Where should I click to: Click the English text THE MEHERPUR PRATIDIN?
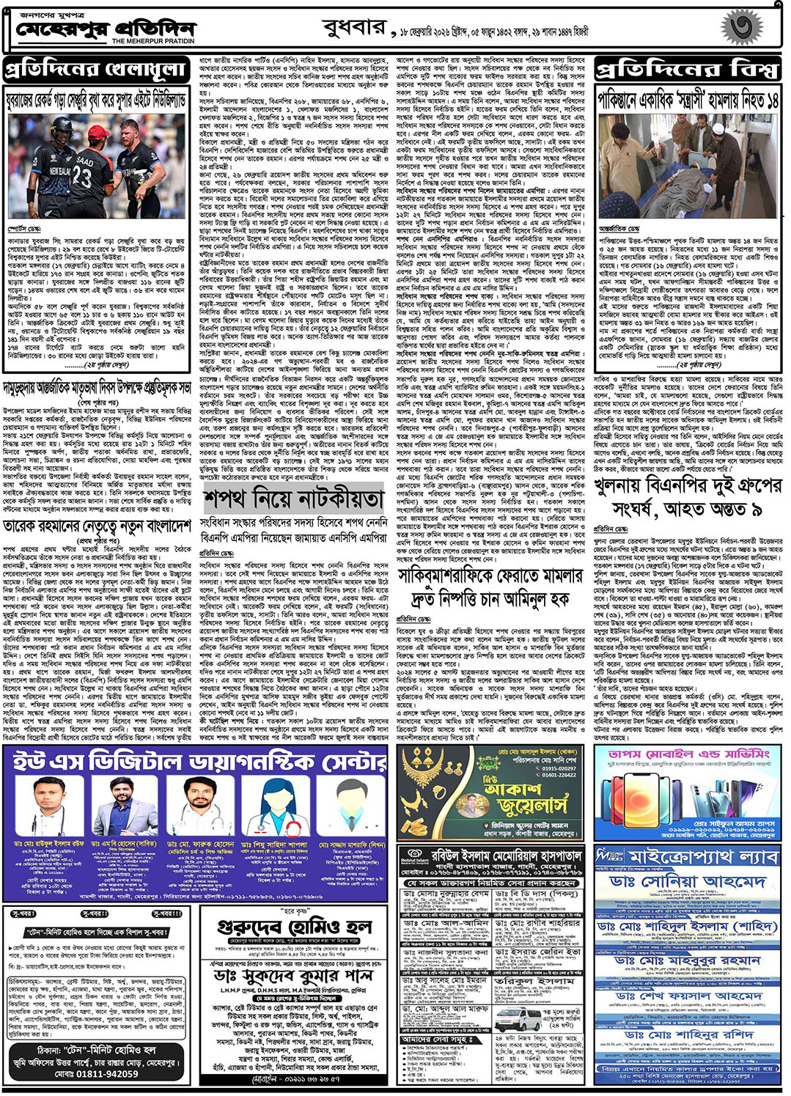pyautogui.click(x=152, y=41)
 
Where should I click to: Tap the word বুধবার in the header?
pyautogui.click(x=353, y=29)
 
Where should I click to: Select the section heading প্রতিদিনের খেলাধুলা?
pyautogui.click(x=95, y=70)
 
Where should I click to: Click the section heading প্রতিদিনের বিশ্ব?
pyautogui.click(x=686, y=70)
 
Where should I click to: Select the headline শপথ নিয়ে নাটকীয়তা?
pyautogui.click(x=294, y=499)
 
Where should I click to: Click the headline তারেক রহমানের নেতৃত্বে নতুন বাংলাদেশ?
pyautogui.click(x=97, y=527)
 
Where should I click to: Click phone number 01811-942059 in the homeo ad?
pyautogui.click(x=96, y=1074)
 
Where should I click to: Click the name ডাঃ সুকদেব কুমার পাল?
pyautogui.click(x=293, y=977)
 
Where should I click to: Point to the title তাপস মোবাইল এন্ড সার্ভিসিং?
pyautogui.click(x=688, y=754)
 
